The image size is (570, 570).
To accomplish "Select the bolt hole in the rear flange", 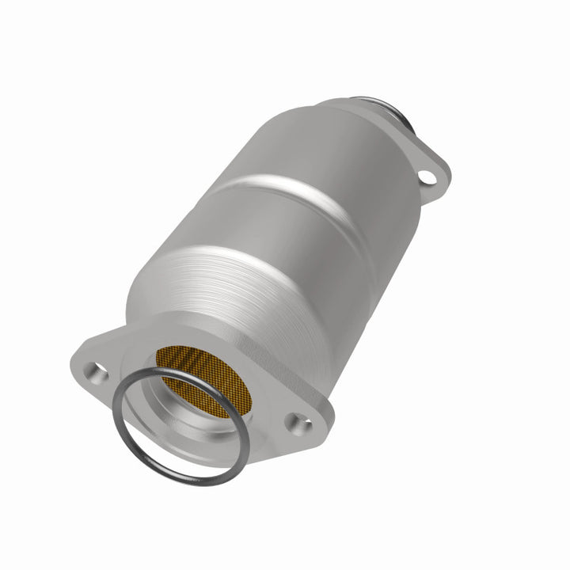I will point(427,177).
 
